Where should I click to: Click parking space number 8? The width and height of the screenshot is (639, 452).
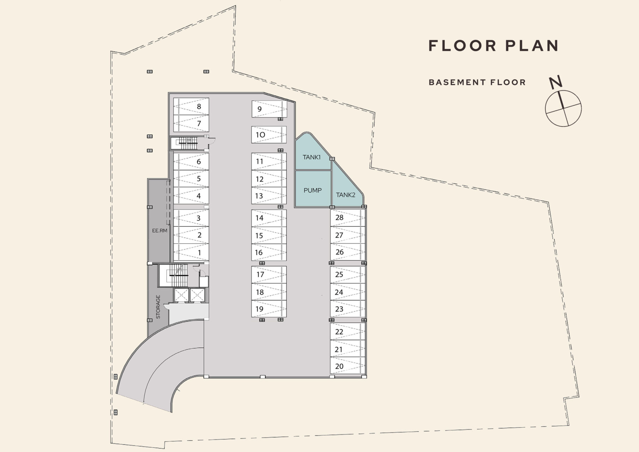coord(191,106)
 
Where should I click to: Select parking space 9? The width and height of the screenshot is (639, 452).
coord(269,109)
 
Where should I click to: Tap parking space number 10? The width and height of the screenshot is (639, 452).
coord(269,135)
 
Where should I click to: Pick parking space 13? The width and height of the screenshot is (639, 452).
coord(269,196)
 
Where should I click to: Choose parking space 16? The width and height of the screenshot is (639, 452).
coord(269,252)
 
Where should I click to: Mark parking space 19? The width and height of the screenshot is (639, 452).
coord(269,309)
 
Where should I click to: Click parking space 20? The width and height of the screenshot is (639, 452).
coord(348,366)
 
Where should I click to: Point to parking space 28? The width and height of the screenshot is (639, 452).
coord(348,218)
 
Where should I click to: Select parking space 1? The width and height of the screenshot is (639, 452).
coord(191,252)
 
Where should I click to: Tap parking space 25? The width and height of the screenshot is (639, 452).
coord(348,275)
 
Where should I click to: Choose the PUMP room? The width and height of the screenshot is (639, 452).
coord(313,189)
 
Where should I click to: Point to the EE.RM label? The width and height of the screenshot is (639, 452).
coord(159,231)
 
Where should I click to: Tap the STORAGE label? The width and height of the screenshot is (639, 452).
coord(158,307)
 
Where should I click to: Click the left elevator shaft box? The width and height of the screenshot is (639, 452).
coord(181,295)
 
